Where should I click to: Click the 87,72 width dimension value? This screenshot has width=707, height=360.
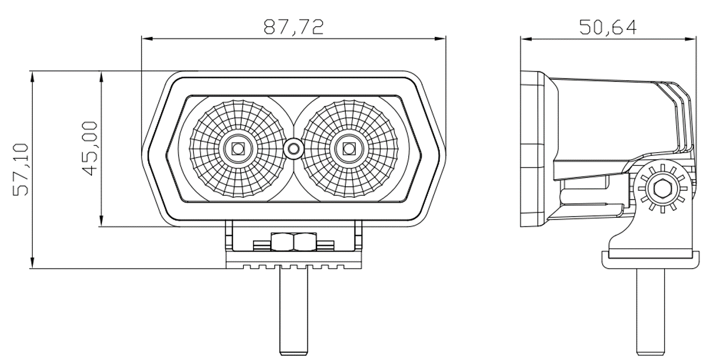pos(293,27)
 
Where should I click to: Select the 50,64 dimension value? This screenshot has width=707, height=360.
pos(609,27)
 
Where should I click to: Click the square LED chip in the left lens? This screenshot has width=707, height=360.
pos(238,148)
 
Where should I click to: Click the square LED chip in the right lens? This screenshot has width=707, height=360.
pos(349,148)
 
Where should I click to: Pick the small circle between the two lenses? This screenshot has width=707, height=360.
pos(292,149)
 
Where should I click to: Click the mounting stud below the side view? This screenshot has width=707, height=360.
pos(650,310)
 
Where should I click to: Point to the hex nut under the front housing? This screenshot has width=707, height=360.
pos(293,242)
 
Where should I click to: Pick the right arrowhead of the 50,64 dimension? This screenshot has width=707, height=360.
pos(694,39)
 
